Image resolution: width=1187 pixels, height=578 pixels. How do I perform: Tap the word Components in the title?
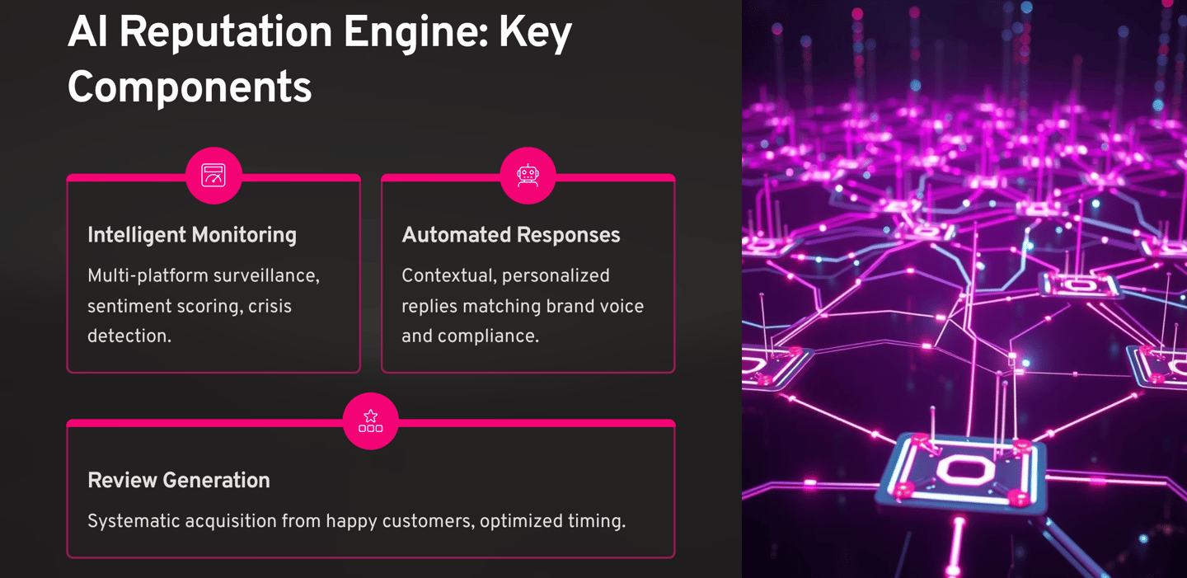(190, 87)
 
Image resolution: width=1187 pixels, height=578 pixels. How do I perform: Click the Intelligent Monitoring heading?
(192, 235)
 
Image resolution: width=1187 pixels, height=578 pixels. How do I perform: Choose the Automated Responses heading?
(511, 235)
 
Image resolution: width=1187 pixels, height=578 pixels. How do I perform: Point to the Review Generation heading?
(179, 480)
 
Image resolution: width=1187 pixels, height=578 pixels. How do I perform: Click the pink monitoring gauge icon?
(213, 175)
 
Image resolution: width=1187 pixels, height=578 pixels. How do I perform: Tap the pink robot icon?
(528, 175)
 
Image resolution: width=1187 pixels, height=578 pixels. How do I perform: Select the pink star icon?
(370, 421)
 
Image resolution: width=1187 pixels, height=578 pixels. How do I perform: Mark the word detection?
(129, 336)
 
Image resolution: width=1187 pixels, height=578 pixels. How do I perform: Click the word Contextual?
(446, 275)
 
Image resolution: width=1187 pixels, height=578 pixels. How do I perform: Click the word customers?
(429, 521)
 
